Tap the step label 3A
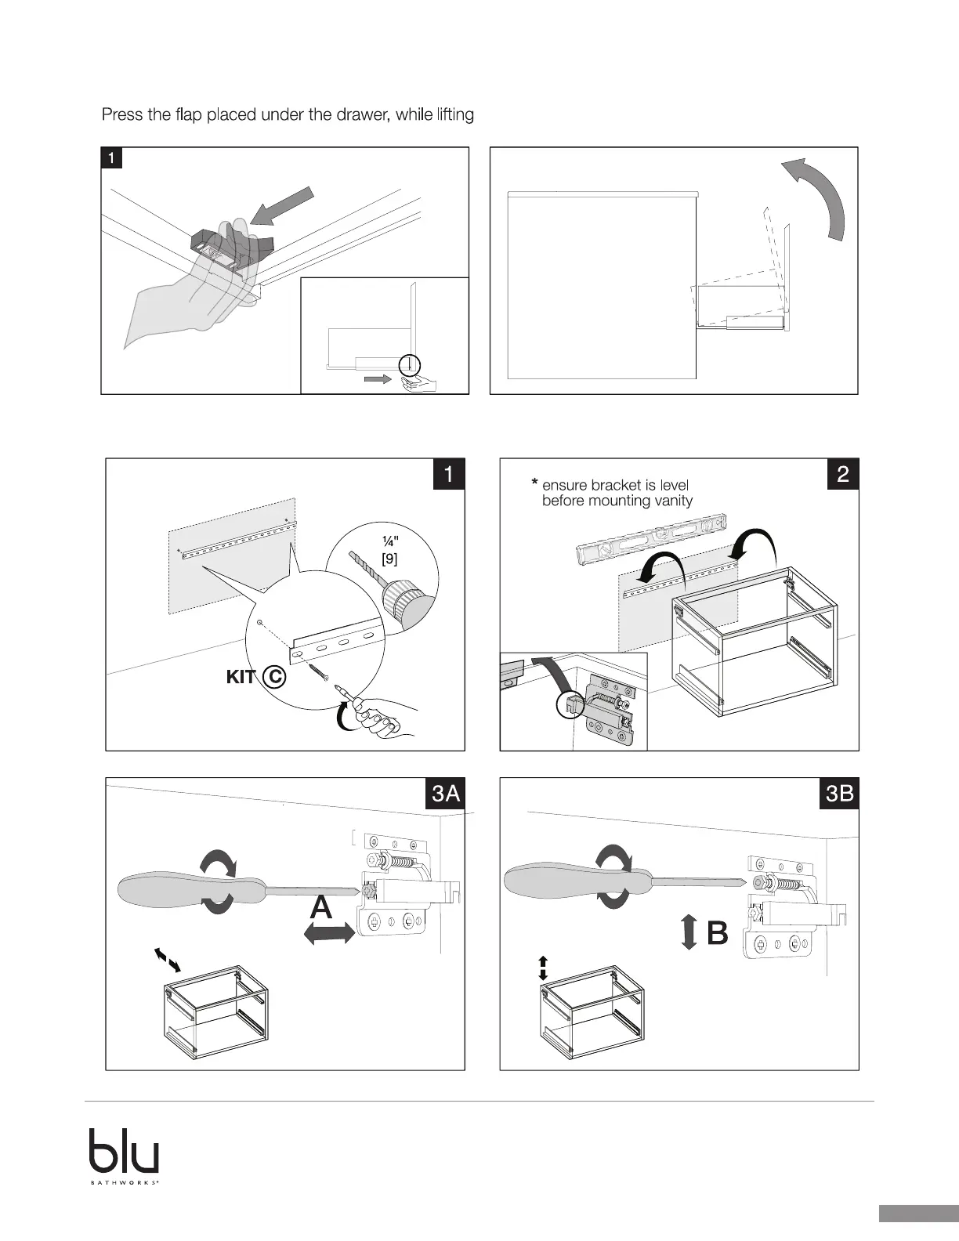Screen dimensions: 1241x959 [x=446, y=794]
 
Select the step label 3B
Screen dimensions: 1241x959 [x=840, y=794]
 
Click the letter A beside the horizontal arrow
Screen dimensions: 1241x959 [x=321, y=908]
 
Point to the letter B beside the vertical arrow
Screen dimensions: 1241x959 [x=718, y=934]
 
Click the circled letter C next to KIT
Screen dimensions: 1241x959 [x=273, y=676]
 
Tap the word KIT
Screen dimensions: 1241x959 [x=241, y=677]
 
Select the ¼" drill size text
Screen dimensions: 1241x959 [x=389, y=542]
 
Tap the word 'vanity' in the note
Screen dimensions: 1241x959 [x=673, y=501]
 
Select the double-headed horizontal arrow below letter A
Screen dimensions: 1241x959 [x=329, y=932]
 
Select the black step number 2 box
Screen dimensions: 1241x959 [x=843, y=474]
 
